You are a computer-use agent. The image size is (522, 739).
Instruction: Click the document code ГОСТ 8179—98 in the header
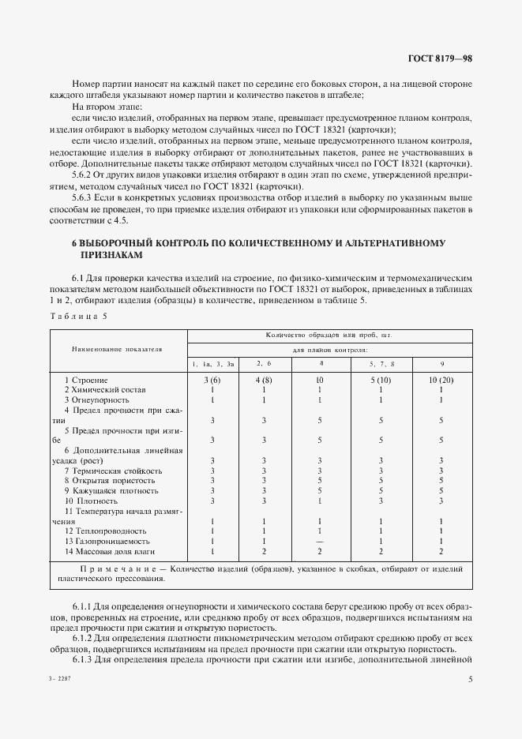(440, 58)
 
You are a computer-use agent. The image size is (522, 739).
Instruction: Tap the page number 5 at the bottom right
(471, 678)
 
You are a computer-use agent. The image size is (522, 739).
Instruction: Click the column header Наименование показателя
(117, 347)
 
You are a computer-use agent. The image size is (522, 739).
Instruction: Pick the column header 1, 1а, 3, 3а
(212, 362)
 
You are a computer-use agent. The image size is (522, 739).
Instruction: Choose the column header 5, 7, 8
(381, 362)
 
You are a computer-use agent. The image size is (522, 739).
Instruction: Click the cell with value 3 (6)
(212, 380)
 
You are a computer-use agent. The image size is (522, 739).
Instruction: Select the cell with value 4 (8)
(263, 380)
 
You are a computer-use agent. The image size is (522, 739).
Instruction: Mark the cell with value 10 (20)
(441, 380)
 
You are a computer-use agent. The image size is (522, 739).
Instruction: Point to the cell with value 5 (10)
(381, 380)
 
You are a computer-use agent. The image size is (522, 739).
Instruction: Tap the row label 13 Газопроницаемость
(107, 542)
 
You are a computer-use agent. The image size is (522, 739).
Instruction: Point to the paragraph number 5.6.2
(82, 174)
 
